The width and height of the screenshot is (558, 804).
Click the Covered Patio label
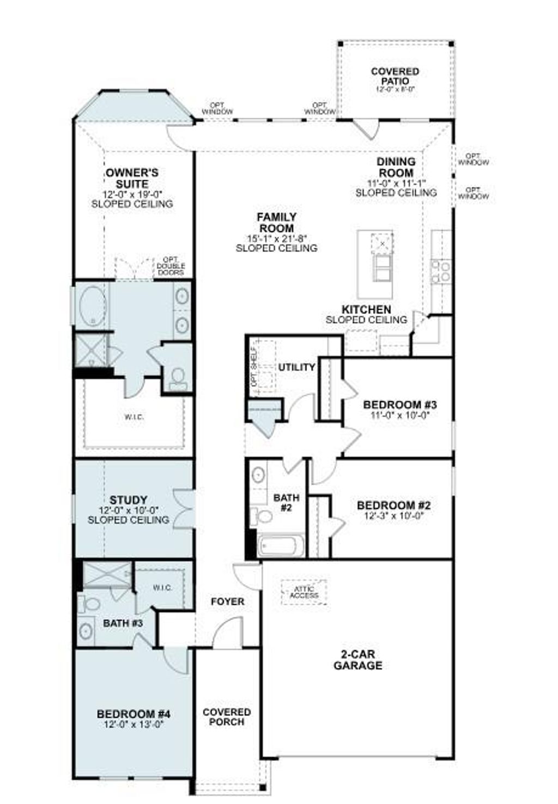pos(395,76)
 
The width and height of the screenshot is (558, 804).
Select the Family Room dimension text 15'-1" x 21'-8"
pos(276,238)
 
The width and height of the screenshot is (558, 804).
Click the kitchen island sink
pos(383,242)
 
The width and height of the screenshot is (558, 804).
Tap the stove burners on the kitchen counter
pos(440,271)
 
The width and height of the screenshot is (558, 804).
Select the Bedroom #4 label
pos(134,714)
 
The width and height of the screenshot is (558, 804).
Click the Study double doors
pos(184,510)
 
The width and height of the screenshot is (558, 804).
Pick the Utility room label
pos(297,367)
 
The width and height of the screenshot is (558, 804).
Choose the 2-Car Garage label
pos(357,660)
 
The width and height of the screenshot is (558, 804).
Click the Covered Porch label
pos(227,717)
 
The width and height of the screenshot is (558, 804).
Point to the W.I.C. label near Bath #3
pos(162,588)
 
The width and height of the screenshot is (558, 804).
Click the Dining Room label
pos(396,167)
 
